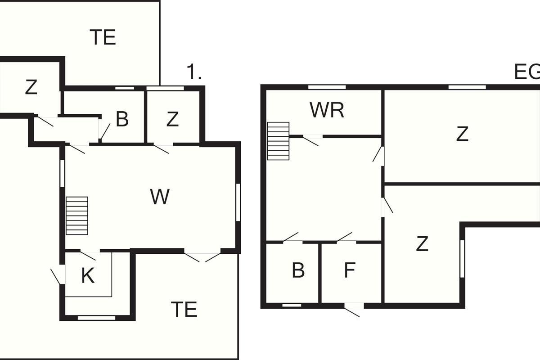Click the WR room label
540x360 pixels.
[327, 110]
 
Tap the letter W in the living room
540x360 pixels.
[160, 197]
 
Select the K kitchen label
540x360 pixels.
[88, 276]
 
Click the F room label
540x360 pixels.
[350, 270]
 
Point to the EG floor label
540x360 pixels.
[527, 72]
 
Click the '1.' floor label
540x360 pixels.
[194, 72]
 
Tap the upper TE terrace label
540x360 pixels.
[103, 37]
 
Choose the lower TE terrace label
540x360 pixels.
[184, 310]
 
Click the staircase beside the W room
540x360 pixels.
[77, 216]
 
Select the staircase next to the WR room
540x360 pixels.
[278, 141]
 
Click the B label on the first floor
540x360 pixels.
[122, 119]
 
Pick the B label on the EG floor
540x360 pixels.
[298, 270]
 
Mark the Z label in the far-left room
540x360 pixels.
[31, 87]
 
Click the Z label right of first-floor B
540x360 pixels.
[172, 119]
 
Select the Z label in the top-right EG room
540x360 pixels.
[462, 134]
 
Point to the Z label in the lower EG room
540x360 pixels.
[422, 244]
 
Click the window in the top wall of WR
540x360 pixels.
[327, 87]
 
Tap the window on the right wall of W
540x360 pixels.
[238, 202]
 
